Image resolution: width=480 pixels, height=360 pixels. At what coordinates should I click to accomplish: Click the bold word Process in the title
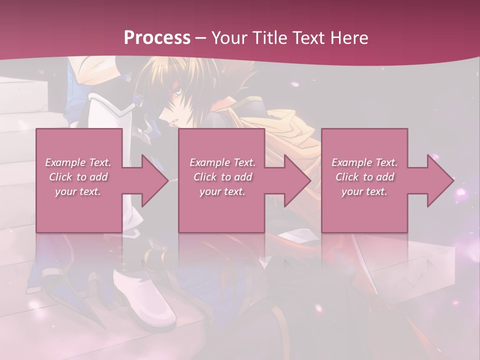click(x=157, y=38)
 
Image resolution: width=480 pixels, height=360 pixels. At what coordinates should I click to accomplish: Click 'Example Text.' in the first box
click(x=78, y=162)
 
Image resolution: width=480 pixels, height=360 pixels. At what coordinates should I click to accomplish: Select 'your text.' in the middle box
click(x=222, y=191)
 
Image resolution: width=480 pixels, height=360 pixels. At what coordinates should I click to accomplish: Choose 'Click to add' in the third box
click(x=364, y=177)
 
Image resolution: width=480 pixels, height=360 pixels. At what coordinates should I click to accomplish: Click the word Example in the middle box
click(x=206, y=162)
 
